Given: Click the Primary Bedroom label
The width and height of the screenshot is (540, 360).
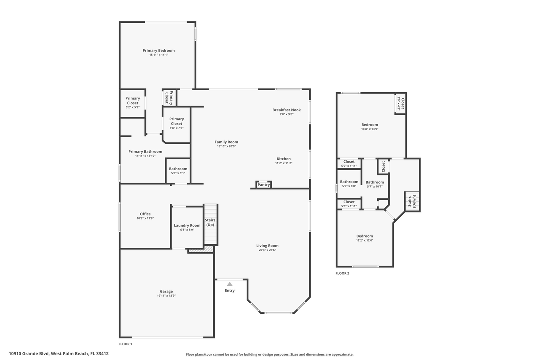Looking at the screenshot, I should pos(159,50).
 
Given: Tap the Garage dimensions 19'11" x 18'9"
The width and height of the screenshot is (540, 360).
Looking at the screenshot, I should pos(166,296).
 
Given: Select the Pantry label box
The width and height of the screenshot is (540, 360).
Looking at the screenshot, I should pos(264,185).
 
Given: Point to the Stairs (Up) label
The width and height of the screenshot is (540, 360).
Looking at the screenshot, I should pos(210,222).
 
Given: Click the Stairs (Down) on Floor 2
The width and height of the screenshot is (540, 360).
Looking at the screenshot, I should pos(412,201).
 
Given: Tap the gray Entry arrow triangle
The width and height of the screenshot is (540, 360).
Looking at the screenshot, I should pos(230,284).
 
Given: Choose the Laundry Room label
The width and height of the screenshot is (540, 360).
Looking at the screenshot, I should pos(187,225).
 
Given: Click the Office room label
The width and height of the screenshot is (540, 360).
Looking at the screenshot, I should pos(145,214).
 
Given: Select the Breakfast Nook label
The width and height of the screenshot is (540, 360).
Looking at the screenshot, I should pos(286,110).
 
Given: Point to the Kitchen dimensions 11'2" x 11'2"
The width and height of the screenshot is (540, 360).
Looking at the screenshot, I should pos(284,163).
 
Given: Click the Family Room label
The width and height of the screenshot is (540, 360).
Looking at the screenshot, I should pos(226,142).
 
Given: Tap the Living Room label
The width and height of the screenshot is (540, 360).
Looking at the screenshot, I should pos(267,245).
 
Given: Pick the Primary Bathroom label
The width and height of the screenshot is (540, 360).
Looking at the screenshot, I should pos(145,151).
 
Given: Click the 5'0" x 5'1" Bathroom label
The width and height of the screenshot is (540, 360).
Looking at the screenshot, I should pos(178,169).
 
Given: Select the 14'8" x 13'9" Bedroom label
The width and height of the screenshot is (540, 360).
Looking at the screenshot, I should pos(370,125).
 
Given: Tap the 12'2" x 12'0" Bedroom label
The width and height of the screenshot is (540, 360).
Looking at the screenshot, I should pos(365,236).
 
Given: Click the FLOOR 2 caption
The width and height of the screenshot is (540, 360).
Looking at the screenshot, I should pos(342,273).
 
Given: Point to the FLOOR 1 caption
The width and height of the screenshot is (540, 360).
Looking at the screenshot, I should pos(125,344).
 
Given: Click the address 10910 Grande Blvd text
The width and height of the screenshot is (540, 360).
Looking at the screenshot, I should pos(59,353).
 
